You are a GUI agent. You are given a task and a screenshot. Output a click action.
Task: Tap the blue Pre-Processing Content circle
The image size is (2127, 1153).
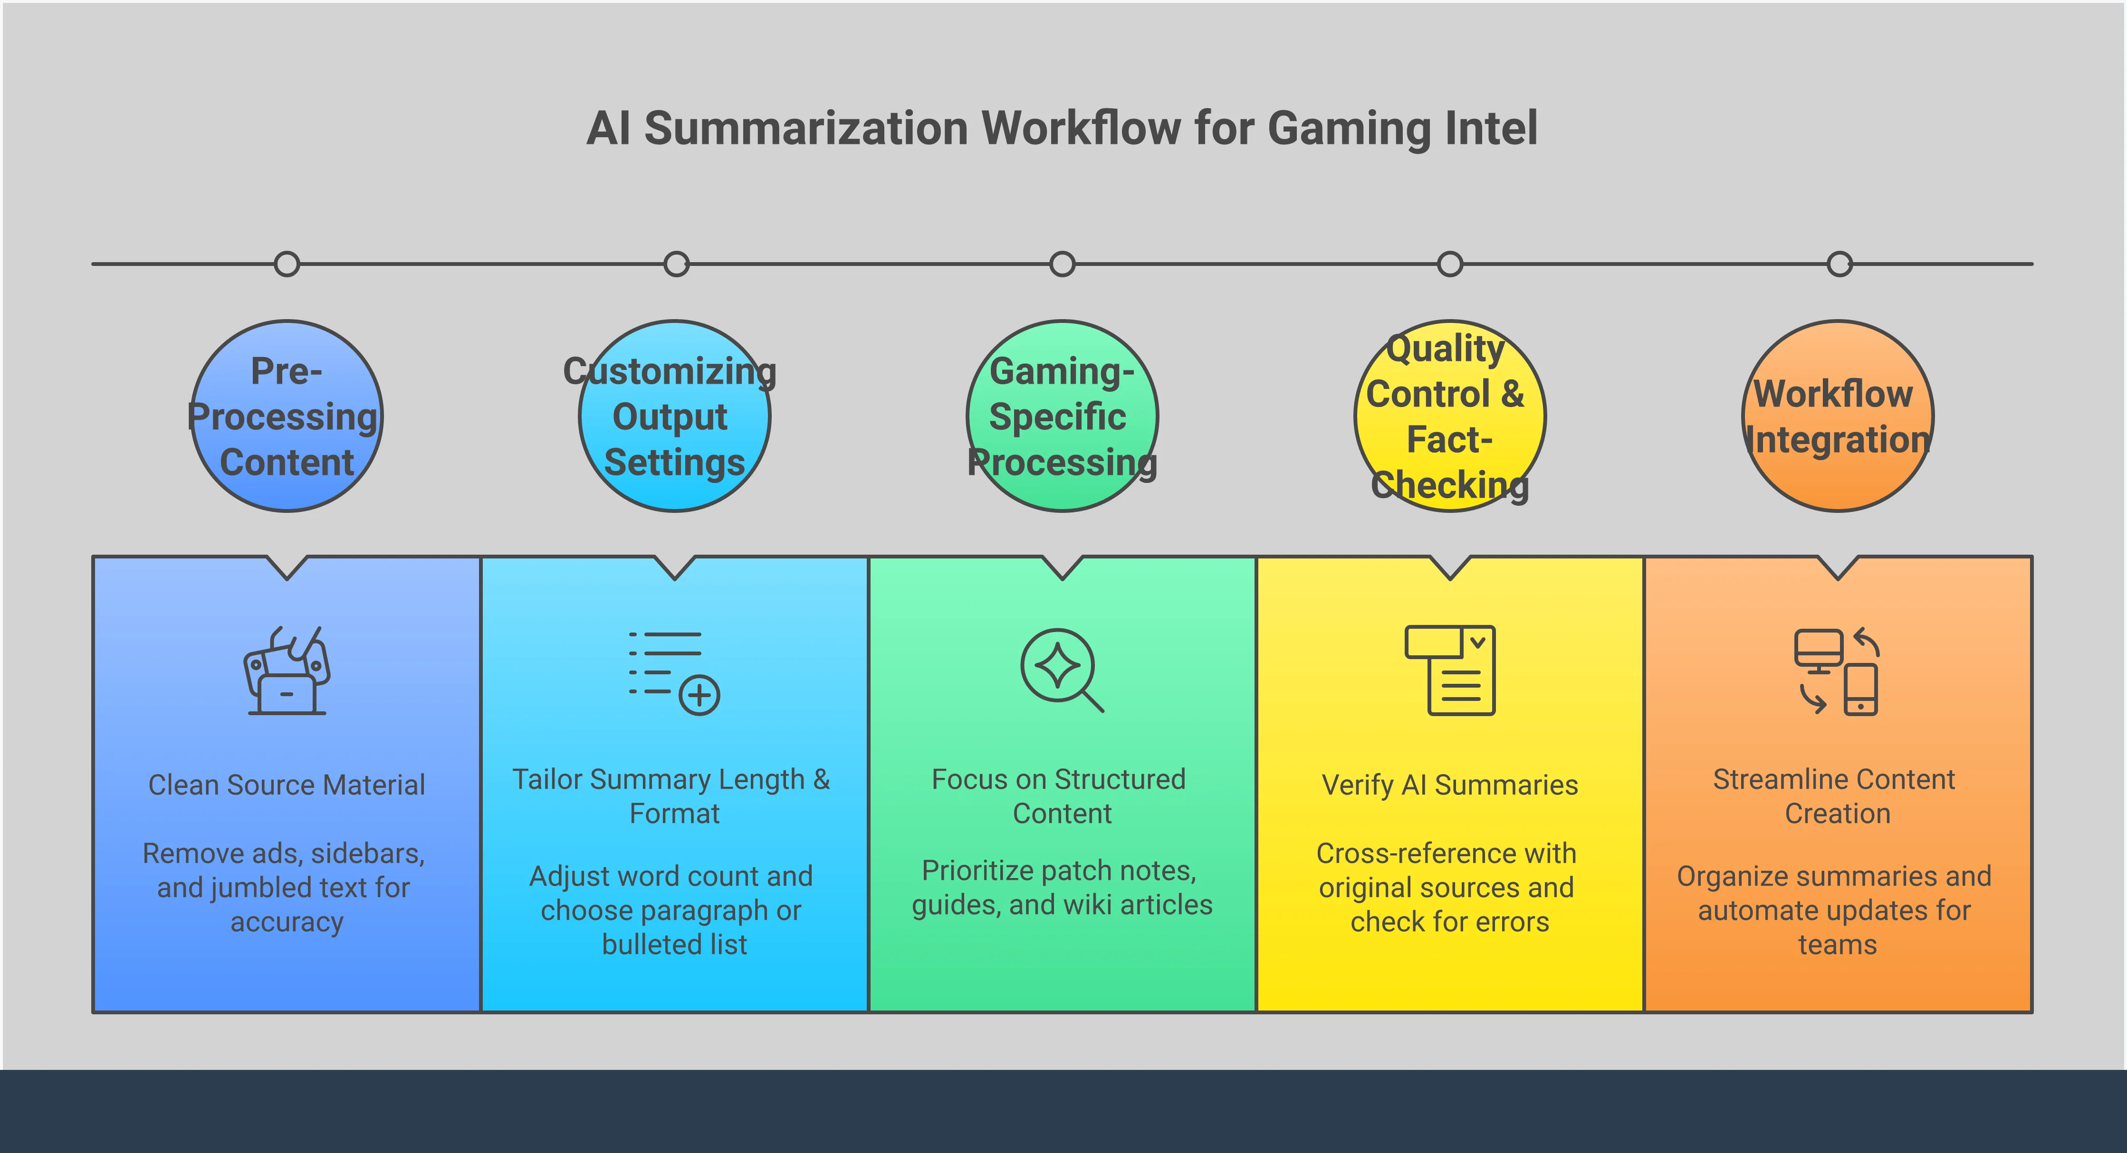pos(287,416)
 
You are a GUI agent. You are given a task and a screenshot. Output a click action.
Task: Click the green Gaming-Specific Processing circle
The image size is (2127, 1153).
pos(1062,416)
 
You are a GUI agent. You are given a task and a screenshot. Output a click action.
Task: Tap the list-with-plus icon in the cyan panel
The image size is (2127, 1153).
pos(674,672)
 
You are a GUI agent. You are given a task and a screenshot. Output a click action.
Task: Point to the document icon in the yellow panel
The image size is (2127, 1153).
pos(1450,670)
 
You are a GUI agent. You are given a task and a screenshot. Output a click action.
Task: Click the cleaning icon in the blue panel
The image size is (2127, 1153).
pos(287,670)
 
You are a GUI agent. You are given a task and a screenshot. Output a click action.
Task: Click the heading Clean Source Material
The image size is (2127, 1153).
pos(287,785)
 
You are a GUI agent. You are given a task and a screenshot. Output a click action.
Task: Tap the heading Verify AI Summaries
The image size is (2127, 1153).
pos(1450,785)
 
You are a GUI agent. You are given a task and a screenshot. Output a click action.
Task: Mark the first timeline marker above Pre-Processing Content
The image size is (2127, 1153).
pos(287,264)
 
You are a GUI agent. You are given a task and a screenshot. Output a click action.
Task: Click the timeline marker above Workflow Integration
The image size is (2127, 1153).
pos(1840,264)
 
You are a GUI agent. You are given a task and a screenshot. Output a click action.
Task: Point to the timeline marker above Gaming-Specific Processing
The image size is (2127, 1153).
pos(1062,264)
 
